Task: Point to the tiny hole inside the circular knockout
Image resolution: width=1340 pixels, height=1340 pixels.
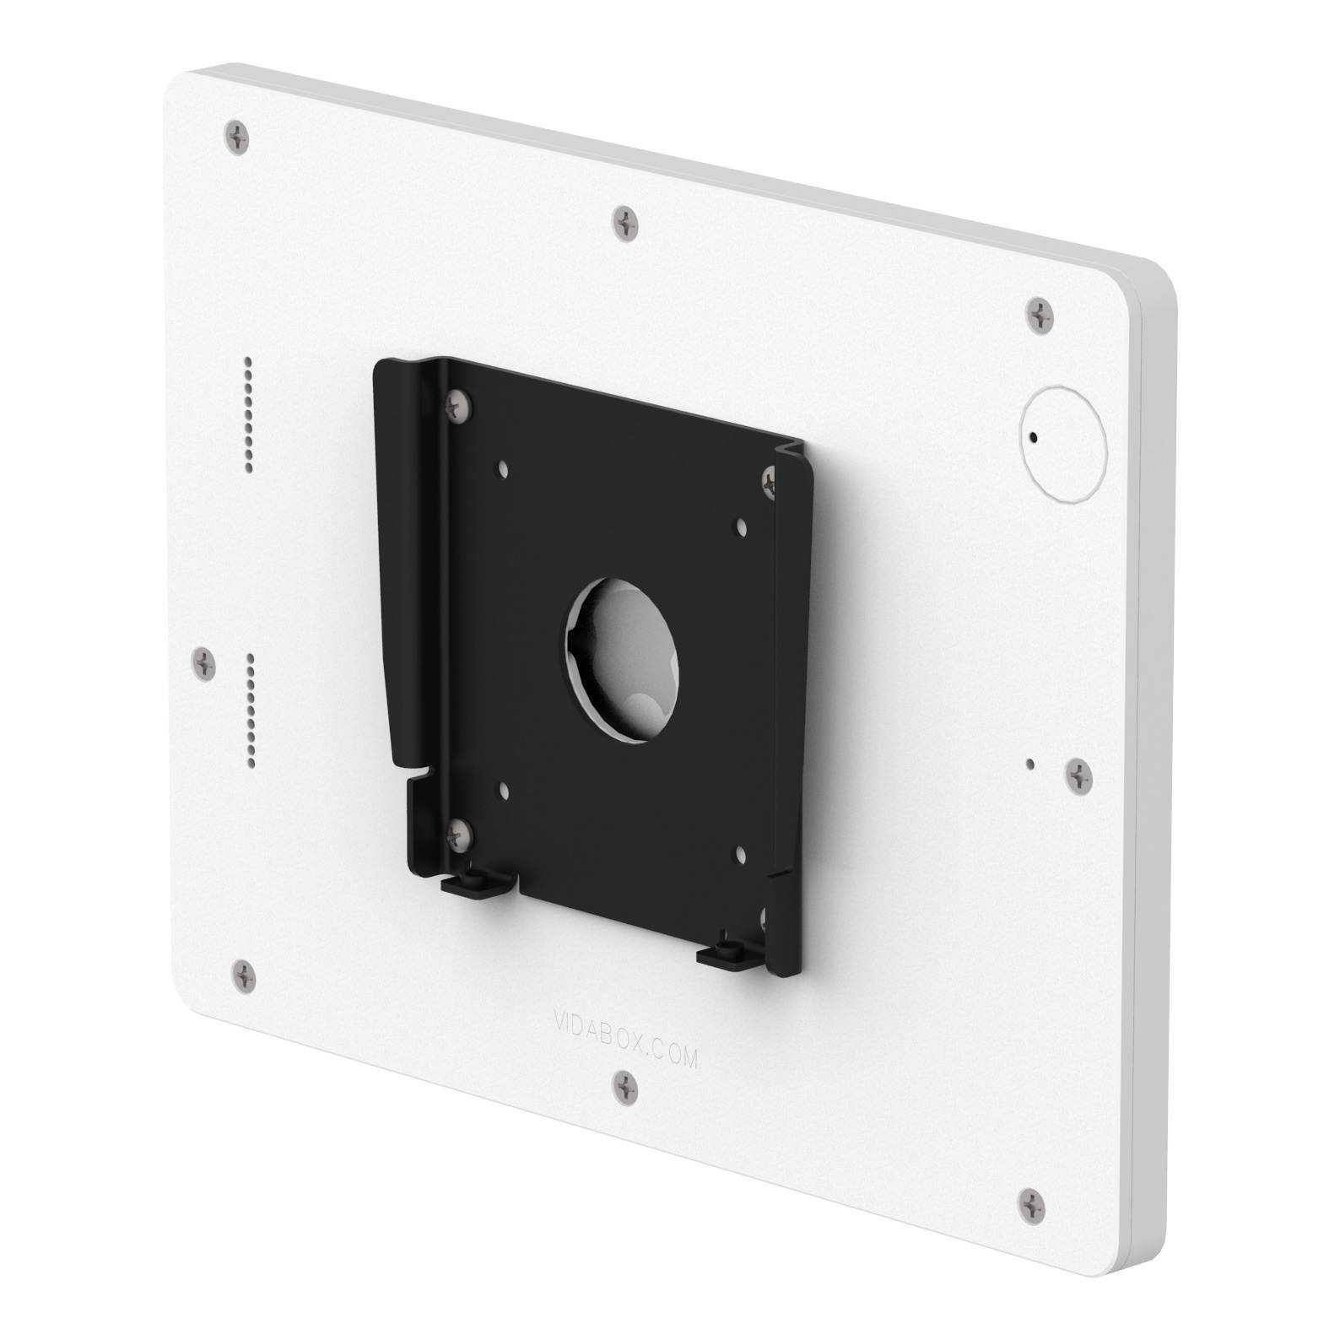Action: coord(1034,438)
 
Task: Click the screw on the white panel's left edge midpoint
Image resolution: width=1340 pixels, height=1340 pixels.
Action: coord(204,663)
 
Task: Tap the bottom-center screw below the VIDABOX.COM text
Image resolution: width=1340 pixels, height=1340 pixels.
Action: coord(625,1083)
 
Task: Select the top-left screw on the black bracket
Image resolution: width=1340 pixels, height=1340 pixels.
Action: coord(457,403)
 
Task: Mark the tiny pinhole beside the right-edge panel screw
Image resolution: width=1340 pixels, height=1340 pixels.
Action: coord(1031,764)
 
